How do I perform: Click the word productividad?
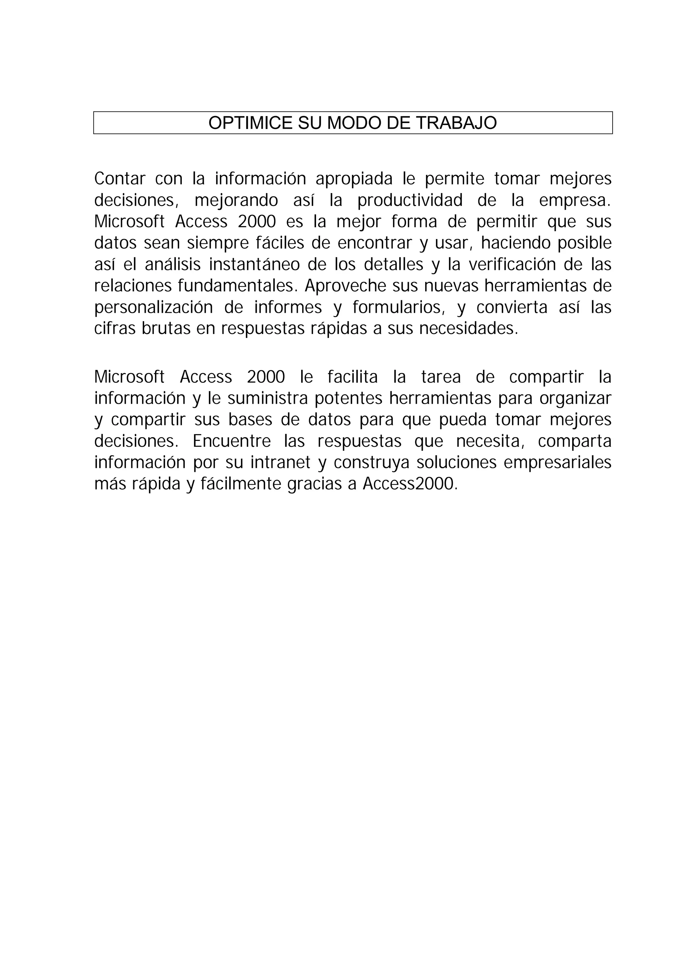(x=410, y=201)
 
